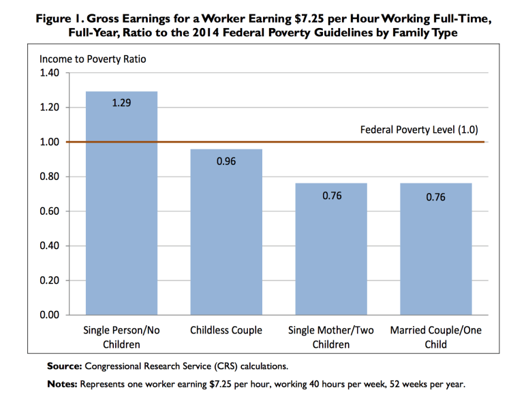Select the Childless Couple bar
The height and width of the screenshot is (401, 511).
[226, 232]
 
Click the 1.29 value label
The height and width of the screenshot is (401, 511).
[121, 105]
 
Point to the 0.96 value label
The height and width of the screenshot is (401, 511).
[226, 162]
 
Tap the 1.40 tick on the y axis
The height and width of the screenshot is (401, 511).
[50, 73]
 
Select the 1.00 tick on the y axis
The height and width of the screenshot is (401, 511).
[50, 142]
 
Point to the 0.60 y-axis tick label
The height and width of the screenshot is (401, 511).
[50, 211]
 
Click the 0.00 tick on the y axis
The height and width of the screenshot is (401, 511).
[50, 314]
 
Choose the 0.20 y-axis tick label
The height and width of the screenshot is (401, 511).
[50, 280]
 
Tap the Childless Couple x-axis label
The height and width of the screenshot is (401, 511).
[226, 331]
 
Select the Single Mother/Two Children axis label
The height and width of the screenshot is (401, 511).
[331, 338]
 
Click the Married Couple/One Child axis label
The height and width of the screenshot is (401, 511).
[436, 338]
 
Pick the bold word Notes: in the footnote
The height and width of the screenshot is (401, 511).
[62, 384]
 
